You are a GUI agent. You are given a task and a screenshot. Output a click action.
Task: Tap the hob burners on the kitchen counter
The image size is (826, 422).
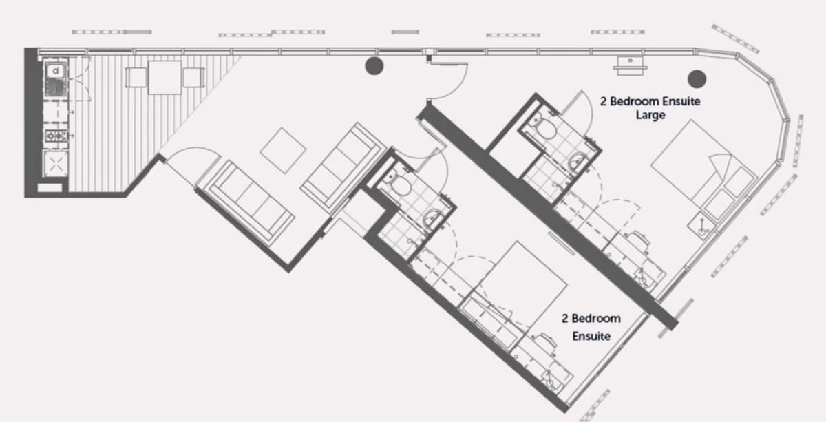coord(56,136)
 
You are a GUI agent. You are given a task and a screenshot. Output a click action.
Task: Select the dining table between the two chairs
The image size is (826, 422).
coord(165,78)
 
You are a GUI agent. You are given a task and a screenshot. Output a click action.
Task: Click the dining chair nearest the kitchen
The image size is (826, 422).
coord(136,78)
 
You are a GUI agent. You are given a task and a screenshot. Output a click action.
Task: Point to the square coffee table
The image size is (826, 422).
coord(283,151)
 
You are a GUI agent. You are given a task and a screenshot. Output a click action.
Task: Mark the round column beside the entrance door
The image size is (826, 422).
coord(374,66)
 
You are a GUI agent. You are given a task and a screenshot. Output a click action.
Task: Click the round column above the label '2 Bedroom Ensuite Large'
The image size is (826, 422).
coord(697,79)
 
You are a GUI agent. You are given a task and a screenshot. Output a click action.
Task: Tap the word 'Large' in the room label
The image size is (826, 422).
coord(650,115)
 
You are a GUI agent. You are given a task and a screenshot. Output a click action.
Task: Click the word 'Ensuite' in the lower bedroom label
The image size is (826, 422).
coord(591,336)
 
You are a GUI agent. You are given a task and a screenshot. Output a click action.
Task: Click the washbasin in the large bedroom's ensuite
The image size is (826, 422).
coord(578,162)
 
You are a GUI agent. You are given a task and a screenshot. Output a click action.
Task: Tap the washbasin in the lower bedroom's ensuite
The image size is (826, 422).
coord(432,218)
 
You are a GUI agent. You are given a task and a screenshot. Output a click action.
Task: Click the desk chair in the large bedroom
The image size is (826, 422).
coord(639,241)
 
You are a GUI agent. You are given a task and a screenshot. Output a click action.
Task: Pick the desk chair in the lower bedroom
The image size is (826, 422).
coord(545,344)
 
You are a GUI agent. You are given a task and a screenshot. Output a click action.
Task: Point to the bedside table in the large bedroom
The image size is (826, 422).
coord(701,226)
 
